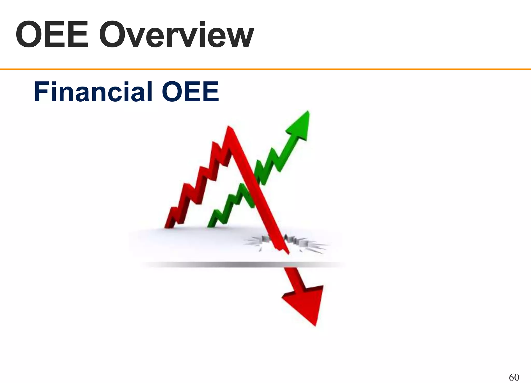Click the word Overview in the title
[176, 36]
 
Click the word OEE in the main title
[52, 36]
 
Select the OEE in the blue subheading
[191, 92]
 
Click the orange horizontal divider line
[265, 69]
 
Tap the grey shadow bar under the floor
[241, 265]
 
